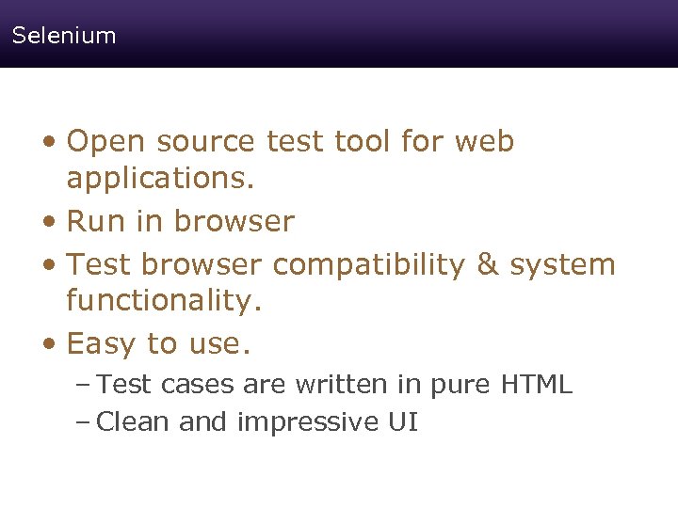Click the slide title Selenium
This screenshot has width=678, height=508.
coord(64,36)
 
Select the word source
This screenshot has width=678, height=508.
coord(206,142)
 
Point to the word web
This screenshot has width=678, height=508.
coord(484,142)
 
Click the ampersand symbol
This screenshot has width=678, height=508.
coord(487,265)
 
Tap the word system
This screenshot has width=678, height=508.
coord(562,265)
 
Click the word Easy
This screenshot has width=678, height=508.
coord(102,344)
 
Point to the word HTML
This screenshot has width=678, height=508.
coord(537,385)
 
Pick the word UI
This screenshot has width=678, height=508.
coord(402,422)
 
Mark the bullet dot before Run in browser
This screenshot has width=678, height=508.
coord(55,223)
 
